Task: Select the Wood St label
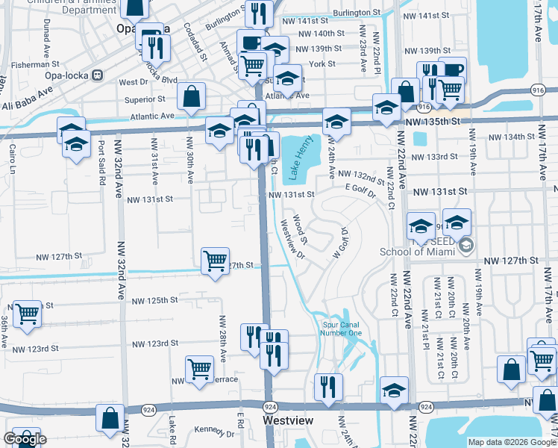pyautogui.click(x=300, y=229)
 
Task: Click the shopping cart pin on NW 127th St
pyautogui.click(x=215, y=261)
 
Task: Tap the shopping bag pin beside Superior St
pyautogui.click(x=192, y=97)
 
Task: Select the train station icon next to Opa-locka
pyautogui.click(x=97, y=75)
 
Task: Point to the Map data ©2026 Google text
pyautogui.click(x=511, y=442)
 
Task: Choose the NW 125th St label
pyautogui.click(x=155, y=300)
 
